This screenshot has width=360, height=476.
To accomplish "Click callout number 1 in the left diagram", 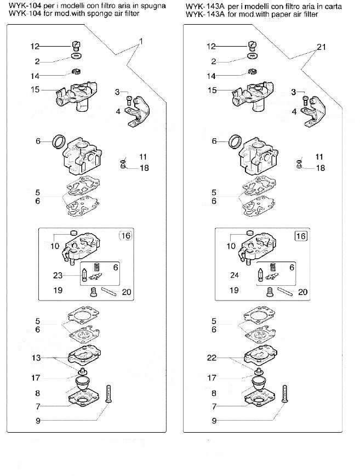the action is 141,41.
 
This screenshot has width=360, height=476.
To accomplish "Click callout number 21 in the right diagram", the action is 321,47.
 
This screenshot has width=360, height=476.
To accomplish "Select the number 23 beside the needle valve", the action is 58,275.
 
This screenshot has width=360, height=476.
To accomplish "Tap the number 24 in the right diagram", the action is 235,275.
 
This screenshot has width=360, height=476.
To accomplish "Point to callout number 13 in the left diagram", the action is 36,358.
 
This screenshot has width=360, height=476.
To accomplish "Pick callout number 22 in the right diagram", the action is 212,358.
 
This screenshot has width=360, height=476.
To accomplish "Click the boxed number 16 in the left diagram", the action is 125,236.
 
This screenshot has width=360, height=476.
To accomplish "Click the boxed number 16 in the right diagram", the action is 301,236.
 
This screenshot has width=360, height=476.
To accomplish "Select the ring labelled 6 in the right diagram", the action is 236,142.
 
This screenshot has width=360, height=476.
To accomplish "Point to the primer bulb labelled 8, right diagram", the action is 257,384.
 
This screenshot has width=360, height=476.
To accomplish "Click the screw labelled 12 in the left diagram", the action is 76,46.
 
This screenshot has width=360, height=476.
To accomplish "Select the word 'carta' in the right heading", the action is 333,6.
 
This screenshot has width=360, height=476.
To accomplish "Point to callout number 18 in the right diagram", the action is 321,168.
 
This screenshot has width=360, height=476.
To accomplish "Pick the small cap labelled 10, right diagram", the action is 250,233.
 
